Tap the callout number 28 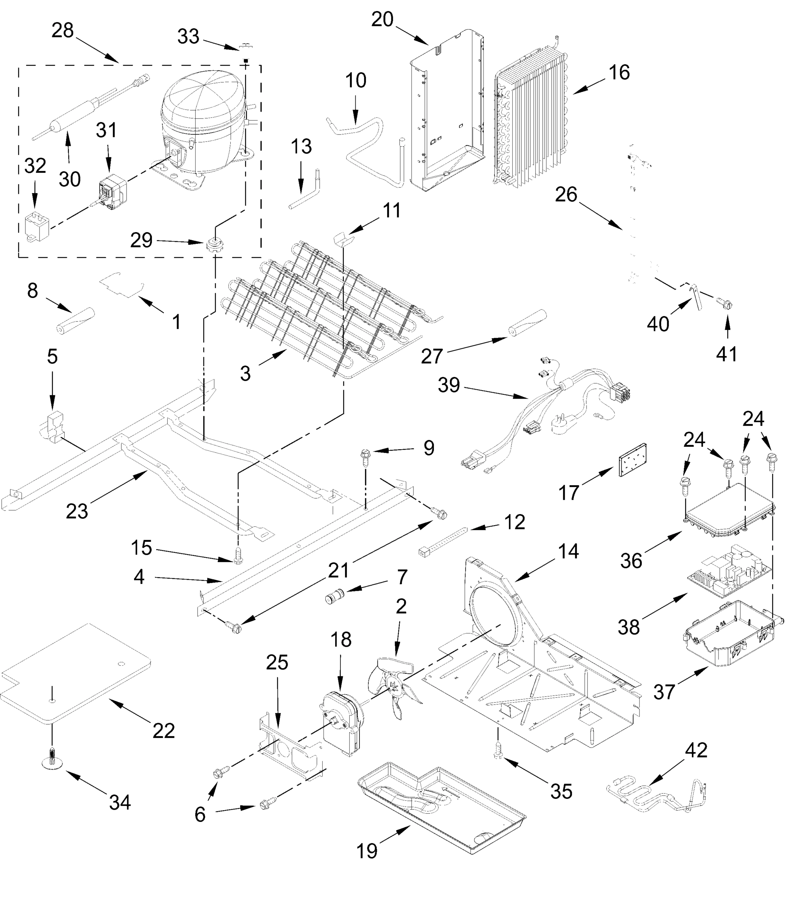click(x=62, y=31)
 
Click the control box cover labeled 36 click(x=730, y=513)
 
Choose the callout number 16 click(x=619, y=73)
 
